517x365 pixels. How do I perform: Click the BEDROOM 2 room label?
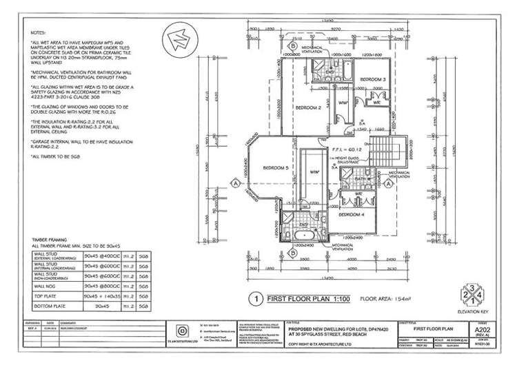point(309,108)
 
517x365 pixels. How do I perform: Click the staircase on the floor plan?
point(397,148)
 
